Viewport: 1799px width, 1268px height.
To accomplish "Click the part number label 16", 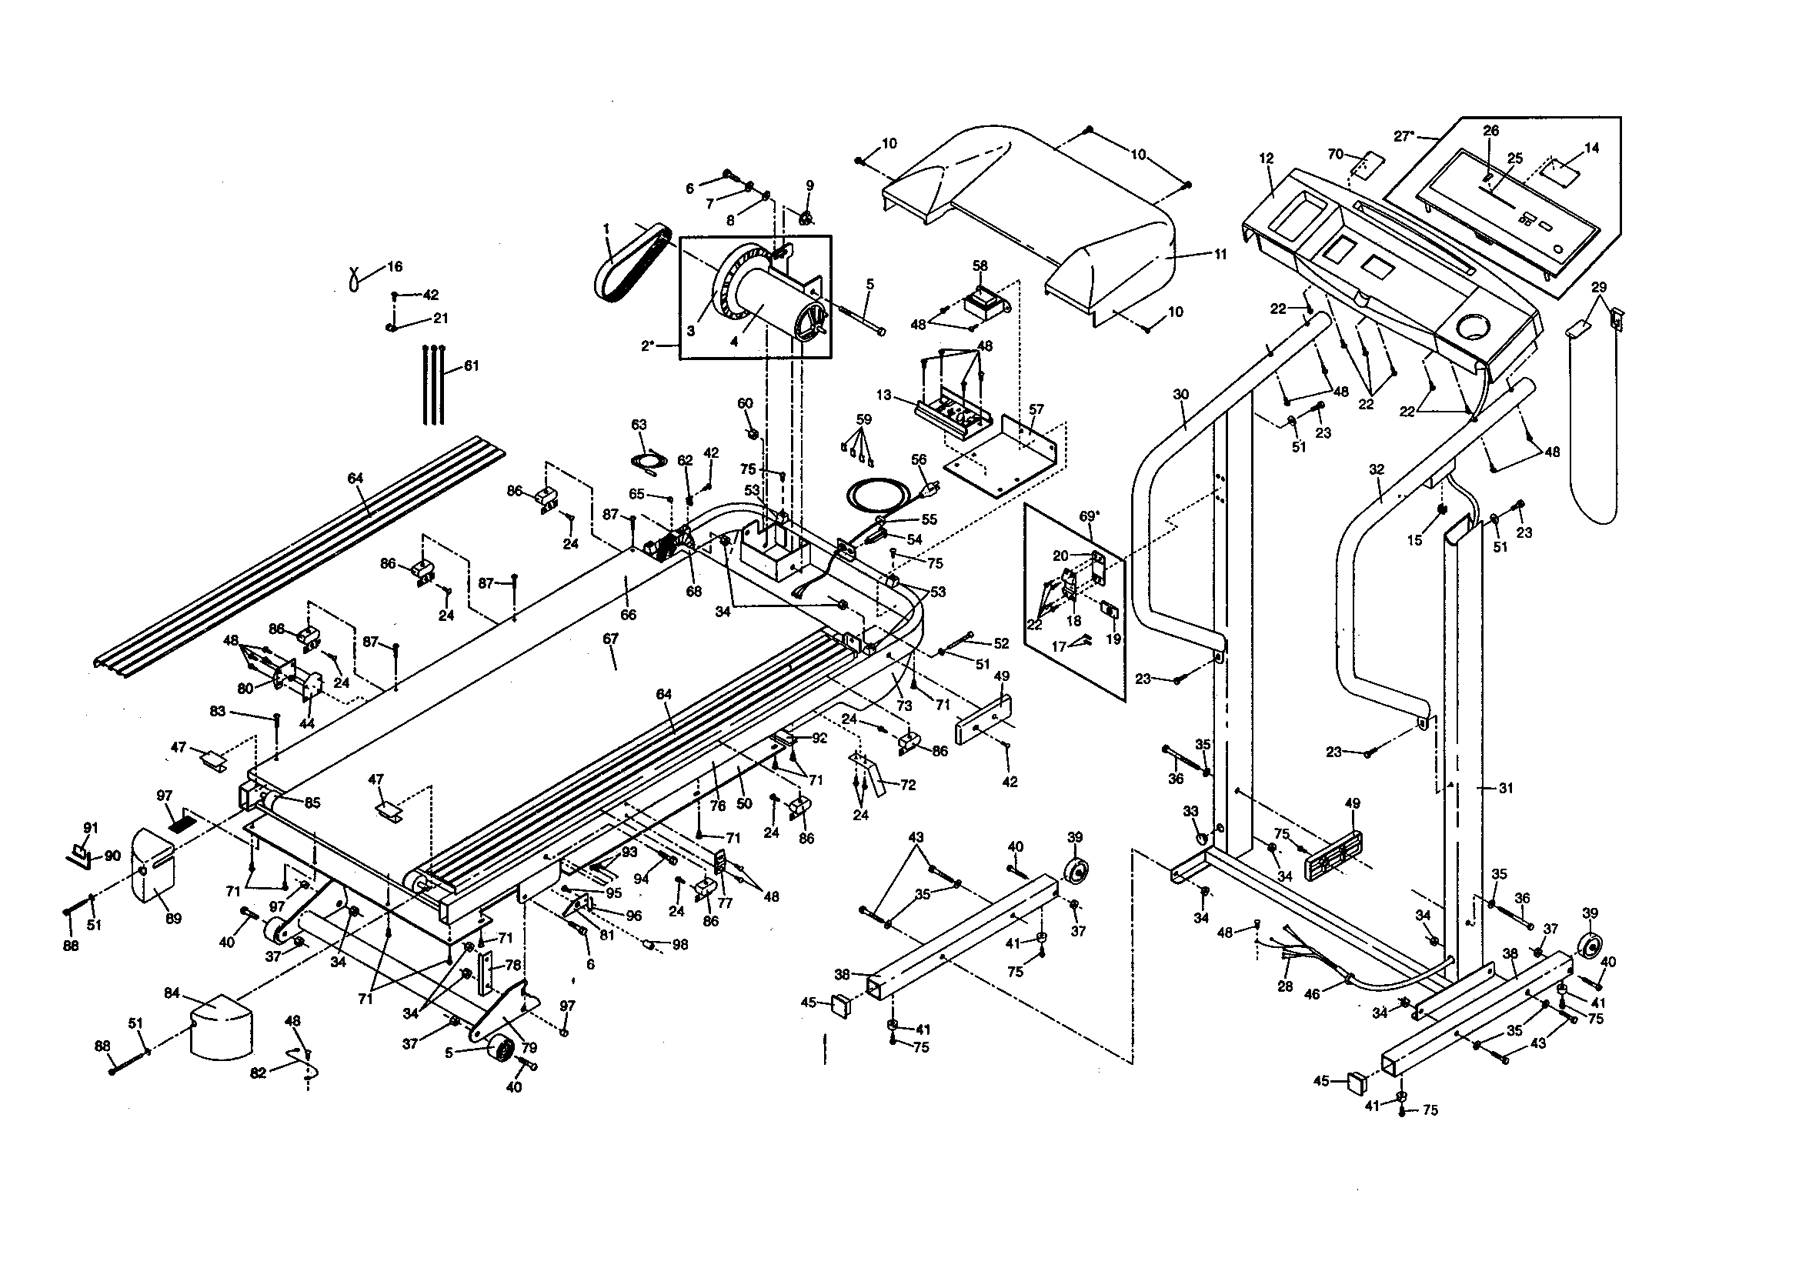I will (x=394, y=266).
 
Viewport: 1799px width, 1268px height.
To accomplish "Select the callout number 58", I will (x=980, y=265).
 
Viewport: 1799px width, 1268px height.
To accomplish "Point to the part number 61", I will (x=471, y=366).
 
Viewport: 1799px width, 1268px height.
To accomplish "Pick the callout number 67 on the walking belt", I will (x=610, y=639).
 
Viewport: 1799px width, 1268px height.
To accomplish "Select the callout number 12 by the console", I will (x=1267, y=158).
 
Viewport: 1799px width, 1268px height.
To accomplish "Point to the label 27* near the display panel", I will (x=1404, y=135).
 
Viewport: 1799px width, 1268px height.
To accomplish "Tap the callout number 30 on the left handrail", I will (x=1181, y=393).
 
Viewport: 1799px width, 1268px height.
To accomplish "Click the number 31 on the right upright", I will (x=1506, y=789).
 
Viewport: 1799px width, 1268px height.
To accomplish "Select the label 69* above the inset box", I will (x=1089, y=516).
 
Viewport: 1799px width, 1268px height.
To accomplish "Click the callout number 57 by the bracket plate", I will (x=1036, y=409).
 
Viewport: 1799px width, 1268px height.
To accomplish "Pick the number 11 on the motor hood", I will (x=1220, y=254).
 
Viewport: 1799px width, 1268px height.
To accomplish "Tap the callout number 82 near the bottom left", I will (x=258, y=1073).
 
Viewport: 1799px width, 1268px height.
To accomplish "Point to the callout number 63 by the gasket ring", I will (x=639, y=425).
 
